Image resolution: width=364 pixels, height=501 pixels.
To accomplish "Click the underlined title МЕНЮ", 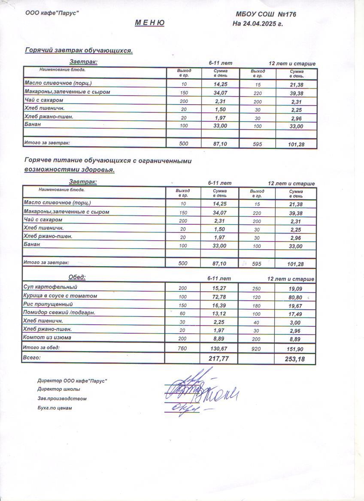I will [149, 23].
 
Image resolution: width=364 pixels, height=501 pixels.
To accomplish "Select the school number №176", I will [284, 15].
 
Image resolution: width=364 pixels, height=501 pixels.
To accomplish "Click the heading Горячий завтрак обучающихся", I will [79, 51].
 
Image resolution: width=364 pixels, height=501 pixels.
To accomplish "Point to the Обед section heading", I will [77, 277].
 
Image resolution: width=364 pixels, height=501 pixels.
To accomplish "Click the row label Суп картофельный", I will [51, 287].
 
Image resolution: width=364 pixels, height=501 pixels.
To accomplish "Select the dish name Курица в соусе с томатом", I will [61, 296].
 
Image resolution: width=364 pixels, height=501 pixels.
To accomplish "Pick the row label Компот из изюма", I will [48, 338].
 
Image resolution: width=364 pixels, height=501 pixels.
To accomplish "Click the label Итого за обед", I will [42, 347].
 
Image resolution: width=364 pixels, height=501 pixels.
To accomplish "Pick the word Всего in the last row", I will [33, 357].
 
